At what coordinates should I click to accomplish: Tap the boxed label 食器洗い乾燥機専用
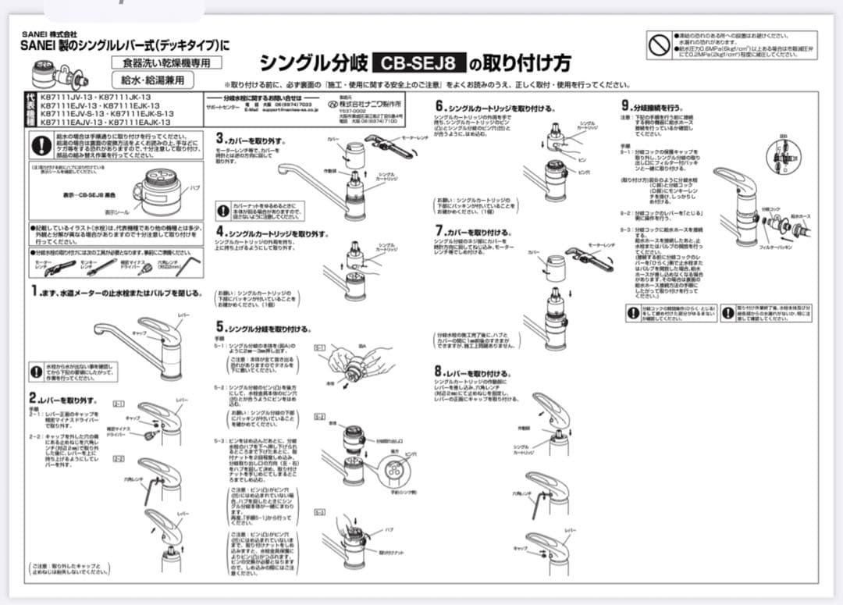coord(165,62)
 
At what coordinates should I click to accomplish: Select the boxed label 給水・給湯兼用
coord(152,80)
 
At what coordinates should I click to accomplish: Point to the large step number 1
coord(34,291)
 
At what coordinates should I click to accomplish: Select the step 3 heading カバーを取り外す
coord(256,141)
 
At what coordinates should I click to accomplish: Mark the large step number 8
coord(439,372)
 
